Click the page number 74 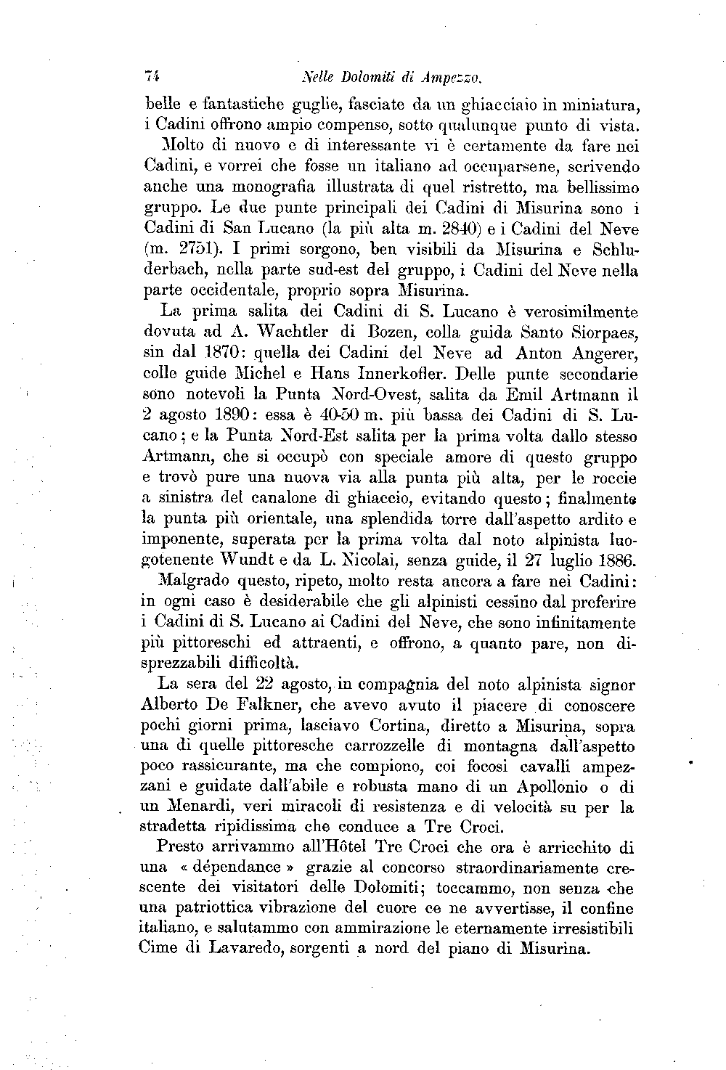(x=152, y=75)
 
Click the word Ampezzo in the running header (x=453, y=75)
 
